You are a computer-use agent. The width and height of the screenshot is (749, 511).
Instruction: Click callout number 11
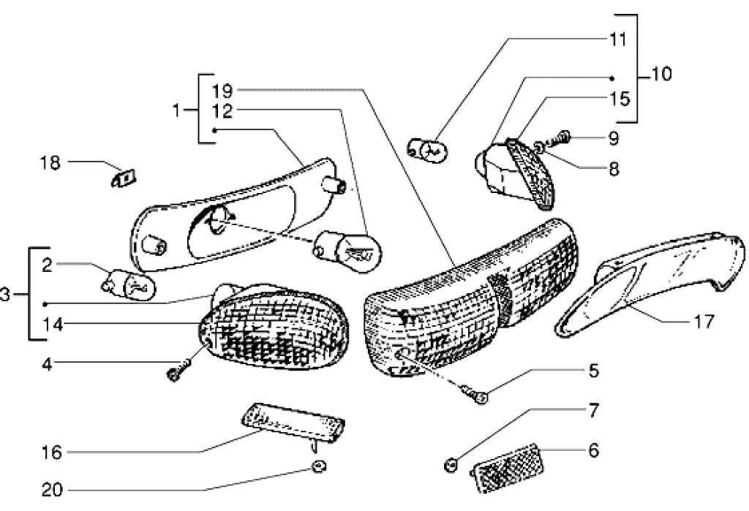tap(618, 40)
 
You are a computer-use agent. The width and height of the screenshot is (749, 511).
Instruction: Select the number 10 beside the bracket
tap(661, 75)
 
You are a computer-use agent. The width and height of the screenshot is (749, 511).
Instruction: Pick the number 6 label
tap(592, 450)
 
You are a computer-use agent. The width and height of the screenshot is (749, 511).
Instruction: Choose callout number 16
tap(52, 453)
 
